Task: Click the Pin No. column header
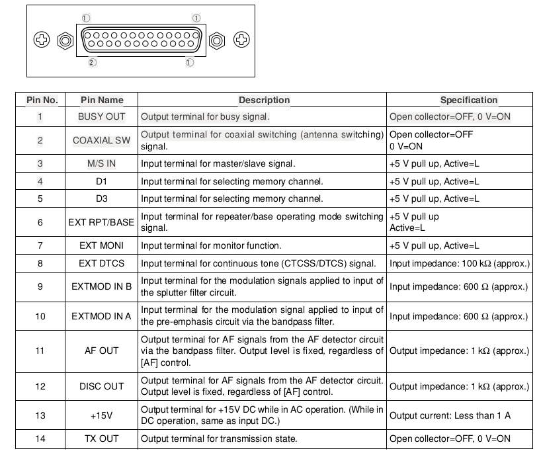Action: point(42,100)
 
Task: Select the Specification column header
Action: point(469,100)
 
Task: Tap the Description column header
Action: point(264,100)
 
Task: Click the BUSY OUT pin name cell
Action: point(101,116)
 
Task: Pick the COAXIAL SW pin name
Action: point(101,140)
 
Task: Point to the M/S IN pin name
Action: point(101,163)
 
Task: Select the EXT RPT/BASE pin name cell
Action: point(101,222)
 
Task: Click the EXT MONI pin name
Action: point(101,245)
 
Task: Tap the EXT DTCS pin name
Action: point(101,263)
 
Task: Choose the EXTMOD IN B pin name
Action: point(101,286)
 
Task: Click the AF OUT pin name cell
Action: point(101,351)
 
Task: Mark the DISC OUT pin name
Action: point(101,386)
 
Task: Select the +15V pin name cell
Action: point(101,415)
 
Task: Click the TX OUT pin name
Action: point(101,438)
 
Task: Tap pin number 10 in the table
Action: point(40,316)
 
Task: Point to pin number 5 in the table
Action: point(40,198)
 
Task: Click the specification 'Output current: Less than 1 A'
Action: point(450,415)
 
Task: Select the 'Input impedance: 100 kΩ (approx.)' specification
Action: point(460,263)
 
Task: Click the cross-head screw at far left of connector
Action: point(42,40)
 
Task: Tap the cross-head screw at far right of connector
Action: point(241,40)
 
